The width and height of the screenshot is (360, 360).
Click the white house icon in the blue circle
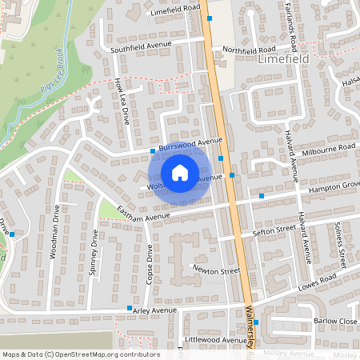180,172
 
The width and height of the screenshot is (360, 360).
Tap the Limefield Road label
174,8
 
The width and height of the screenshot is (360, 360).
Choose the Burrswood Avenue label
190,144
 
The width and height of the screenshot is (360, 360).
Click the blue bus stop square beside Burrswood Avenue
152,150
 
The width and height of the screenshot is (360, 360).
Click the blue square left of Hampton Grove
261,195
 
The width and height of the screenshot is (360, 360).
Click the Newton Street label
216,271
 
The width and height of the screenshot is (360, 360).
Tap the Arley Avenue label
155,310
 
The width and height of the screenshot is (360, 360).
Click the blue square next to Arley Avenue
129,308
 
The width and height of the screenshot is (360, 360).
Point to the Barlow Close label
335,321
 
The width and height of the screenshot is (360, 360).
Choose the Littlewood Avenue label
216,340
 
